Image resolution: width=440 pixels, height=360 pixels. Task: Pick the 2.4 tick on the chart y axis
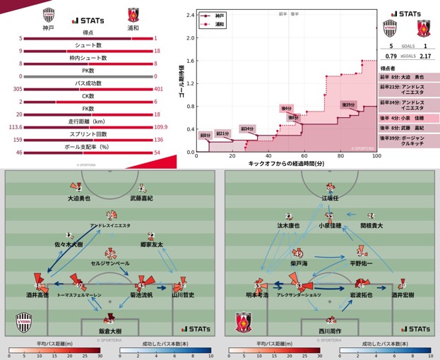(189, 15)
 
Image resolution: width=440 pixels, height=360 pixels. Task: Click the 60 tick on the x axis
(304, 157)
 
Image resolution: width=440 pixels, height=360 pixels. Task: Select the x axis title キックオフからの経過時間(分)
(286, 164)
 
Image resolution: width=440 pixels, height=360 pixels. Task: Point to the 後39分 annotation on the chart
(348, 104)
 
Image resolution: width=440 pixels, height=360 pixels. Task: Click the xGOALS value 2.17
(425, 56)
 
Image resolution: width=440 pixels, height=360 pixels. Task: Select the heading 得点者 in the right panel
(388, 68)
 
